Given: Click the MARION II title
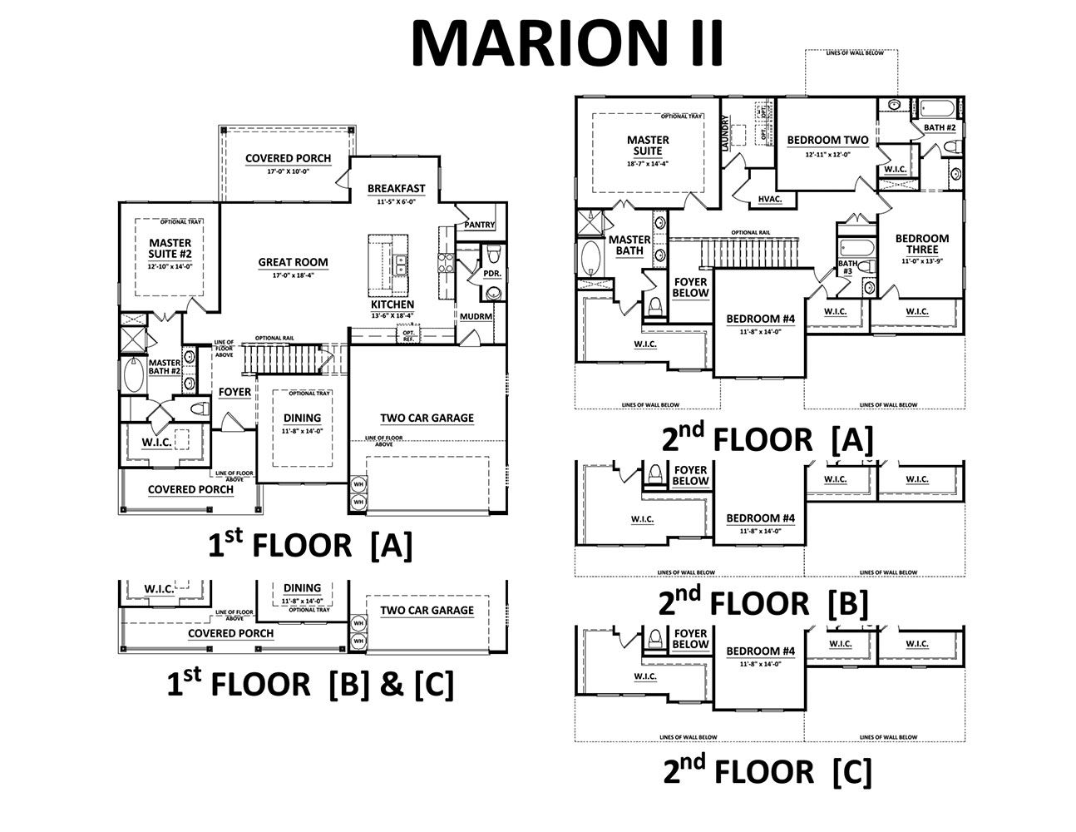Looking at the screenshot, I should [x=568, y=42].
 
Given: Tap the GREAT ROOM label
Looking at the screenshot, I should [x=293, y=262].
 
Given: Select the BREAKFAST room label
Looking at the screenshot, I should [x=396, y=188].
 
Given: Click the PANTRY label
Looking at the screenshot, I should [x=480, y=225].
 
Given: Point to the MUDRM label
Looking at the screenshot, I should [x=476, y=317].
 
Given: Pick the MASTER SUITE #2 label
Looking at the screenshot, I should [x=170, y=247].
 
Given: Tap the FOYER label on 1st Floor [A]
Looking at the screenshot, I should [x=234, y=392].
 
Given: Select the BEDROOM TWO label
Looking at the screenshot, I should [x=827, y=141].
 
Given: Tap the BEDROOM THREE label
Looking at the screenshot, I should [x=921, y=244].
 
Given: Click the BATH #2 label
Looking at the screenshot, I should [x=939, y=127].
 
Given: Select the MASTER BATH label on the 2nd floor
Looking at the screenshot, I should [x=629, y=245].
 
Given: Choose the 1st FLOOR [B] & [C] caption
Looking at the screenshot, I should [x=310, y=684].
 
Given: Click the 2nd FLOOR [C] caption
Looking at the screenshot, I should [x=767, y=771].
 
